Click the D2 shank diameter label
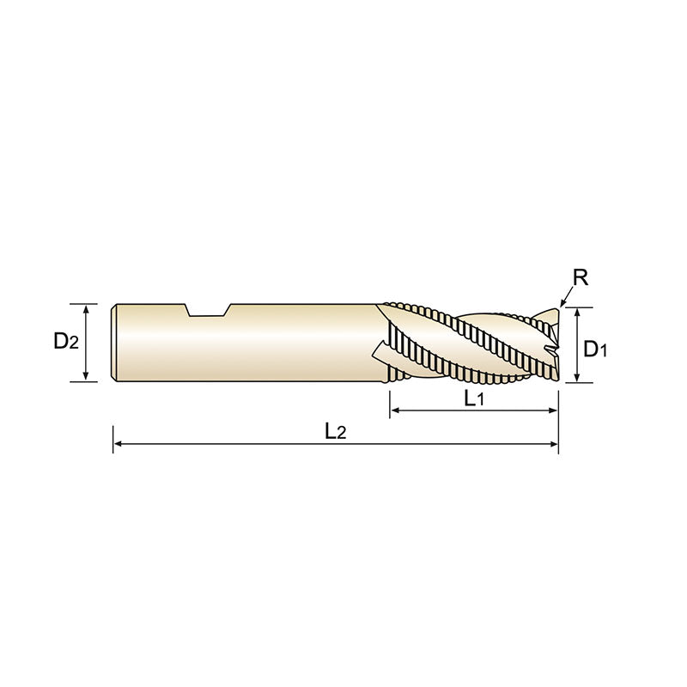(66, 341)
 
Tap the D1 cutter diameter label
(595, 349)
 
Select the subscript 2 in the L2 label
(342, 435)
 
